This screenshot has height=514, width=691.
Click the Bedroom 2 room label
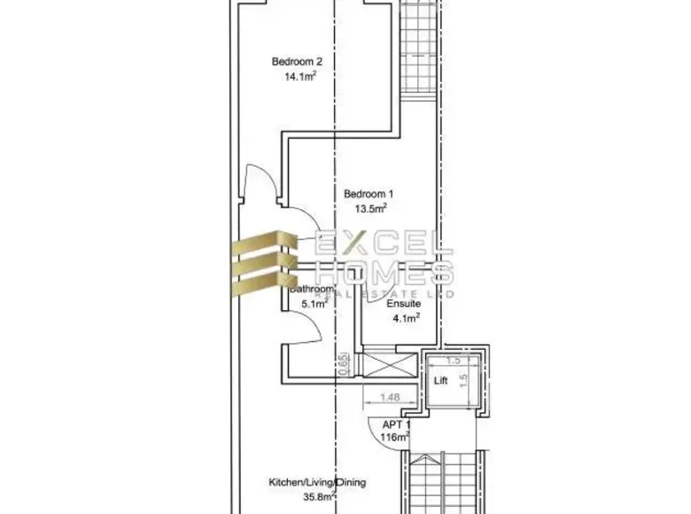coord(297,62)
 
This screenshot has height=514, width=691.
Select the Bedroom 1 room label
coord(369,194)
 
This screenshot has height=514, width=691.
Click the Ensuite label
coord(403,304)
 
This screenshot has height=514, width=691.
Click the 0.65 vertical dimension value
coord(343,363)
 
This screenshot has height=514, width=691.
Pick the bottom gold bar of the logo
coord(263,283)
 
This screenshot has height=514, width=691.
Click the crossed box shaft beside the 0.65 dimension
coord(384,365)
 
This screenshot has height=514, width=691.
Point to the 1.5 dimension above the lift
coord(454,361)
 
